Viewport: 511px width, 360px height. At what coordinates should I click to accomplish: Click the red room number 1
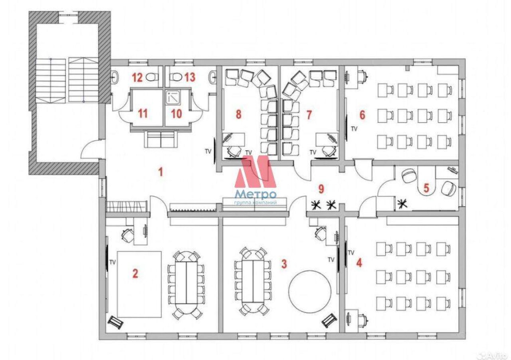click(x=161, y=172)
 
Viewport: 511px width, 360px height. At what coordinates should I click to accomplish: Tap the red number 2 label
click(x=135, y=273)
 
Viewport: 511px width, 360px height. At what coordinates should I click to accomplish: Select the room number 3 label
click(x=284, y=264)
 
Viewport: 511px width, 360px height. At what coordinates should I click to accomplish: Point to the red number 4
click(x=359, y=263)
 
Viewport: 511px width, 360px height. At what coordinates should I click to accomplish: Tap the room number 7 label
click(x=309, y=115)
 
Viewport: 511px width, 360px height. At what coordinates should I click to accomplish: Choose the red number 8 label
click(x=238, y=114)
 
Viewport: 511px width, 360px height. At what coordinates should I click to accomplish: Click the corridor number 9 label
click(x=321, y=189)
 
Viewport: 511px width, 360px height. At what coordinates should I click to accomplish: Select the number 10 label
click(x=176, y=114)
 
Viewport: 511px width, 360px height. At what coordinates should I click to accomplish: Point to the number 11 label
click(x=143, y=114)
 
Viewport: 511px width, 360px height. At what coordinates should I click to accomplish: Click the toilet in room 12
click(x=152, y=77)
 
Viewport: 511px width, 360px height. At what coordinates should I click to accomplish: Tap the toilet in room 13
click(x=176, y=77)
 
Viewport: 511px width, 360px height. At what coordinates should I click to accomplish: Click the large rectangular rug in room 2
click(x=139, y=284)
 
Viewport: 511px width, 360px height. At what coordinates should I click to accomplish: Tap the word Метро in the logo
click(x=255, y=195)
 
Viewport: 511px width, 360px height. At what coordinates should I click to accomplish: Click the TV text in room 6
click(x=354, y=129)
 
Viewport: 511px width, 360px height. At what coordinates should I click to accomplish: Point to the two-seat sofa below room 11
click(x=160, y=139)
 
